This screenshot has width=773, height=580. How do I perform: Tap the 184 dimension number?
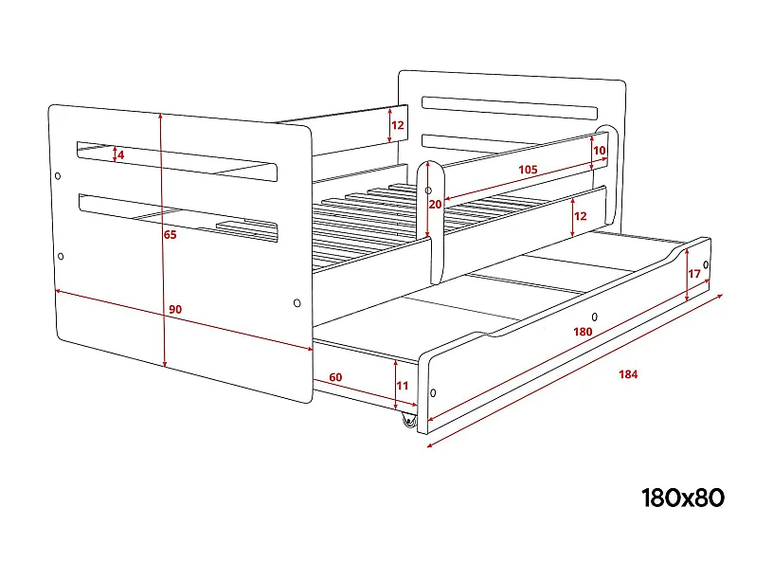pyautogui.click(x=627, y=374)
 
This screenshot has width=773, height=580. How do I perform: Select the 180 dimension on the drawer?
pyautogui.click(x=583, y=332)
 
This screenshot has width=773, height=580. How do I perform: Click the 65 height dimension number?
pyautogui.click(x=170, y=235)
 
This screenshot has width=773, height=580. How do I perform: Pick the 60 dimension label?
pyautogui.click(x=335, y=377)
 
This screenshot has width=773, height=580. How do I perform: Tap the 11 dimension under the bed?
pyautogui.click(x=402, y=386)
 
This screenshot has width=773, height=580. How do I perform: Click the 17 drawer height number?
pyautogui.click(x=694, y=275)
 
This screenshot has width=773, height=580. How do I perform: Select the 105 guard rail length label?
pyautogui.click(x=528, y=170)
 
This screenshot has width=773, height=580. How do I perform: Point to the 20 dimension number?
pyautogui.click(x=435, y=204)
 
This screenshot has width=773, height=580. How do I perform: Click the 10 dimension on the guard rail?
pyautogui.click(x=599, y=150)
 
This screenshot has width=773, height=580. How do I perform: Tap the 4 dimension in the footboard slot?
pyautogui.click(x=121, y=154)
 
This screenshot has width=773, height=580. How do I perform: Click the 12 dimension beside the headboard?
pyautogui.click(x=398, y=125)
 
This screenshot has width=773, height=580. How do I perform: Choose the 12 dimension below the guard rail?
pyautogui.click(x=581, y=216)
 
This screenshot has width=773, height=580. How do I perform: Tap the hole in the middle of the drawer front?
pyautogui.click(x=595, y=317)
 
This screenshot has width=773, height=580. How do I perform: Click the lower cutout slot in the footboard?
pyautogui.click(x=180, y=215)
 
